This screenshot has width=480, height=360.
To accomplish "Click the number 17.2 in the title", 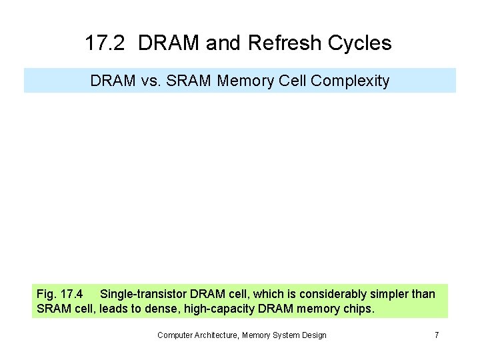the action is [x=105, y=44].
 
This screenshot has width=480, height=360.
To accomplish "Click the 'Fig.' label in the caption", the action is [x=47, y=294].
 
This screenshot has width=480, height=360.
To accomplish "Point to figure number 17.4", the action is [x=71, y=294].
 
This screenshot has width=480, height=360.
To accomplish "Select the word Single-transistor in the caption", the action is [x=143, y=294].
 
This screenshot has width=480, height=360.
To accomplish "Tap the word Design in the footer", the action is [x=313, y=335].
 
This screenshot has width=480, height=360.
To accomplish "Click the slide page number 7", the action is [x=437, y=335].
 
